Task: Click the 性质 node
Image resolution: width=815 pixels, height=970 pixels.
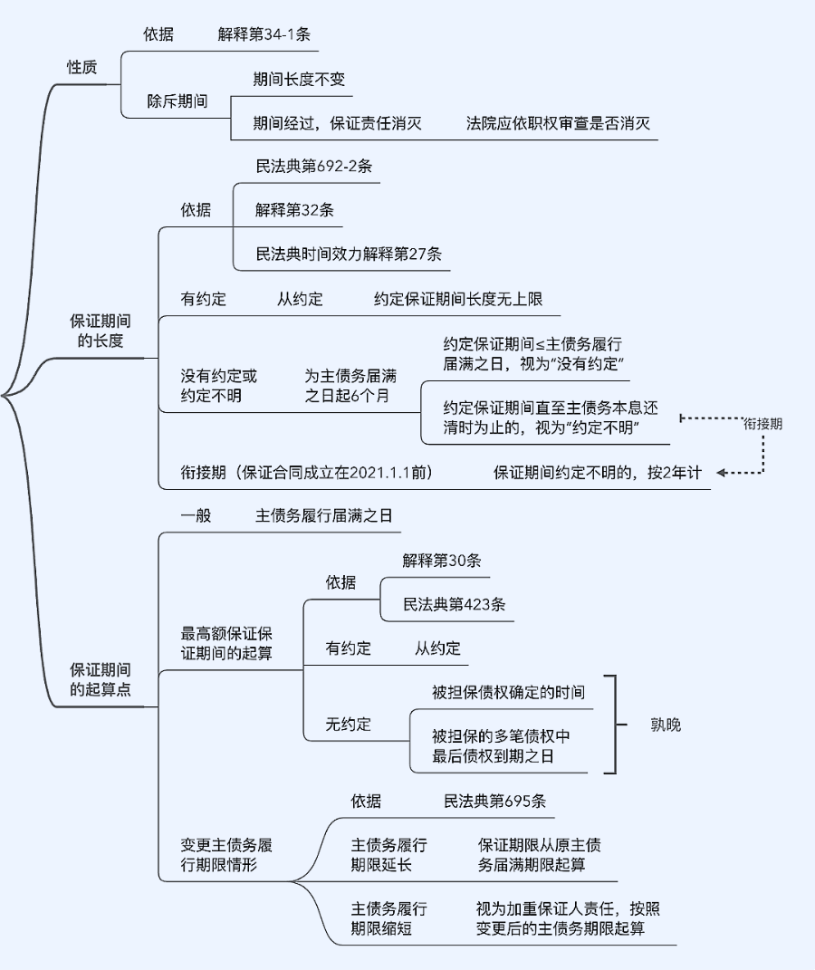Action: click(x=81, y=68)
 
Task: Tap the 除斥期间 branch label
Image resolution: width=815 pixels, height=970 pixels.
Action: click(x=177, y=101)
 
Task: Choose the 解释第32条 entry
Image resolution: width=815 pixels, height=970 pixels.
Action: click(x=294, y=210)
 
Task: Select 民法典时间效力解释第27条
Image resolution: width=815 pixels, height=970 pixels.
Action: click(x=349, y=254)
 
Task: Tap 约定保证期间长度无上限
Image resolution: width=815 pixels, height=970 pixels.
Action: click(x=458, y=299)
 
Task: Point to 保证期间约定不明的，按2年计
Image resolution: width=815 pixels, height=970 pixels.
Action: click(x=597, y=473)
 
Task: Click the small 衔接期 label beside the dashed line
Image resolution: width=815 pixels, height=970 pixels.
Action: click(x=762, y=423)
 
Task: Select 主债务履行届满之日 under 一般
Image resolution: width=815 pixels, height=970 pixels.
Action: click(x=324, y=515)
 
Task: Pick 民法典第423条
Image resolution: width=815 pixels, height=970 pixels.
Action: click(x=454, y=604)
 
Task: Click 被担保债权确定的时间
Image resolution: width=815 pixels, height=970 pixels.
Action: click(x=508, y=692)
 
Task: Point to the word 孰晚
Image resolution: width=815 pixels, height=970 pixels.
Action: click(x=666, y=725)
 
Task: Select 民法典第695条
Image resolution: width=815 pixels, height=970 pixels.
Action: click(x=494, y=802)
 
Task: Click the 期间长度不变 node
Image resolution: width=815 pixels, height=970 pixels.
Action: click(x=299, y=79)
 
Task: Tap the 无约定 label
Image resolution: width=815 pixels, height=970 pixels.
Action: click(x=349, y=725)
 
